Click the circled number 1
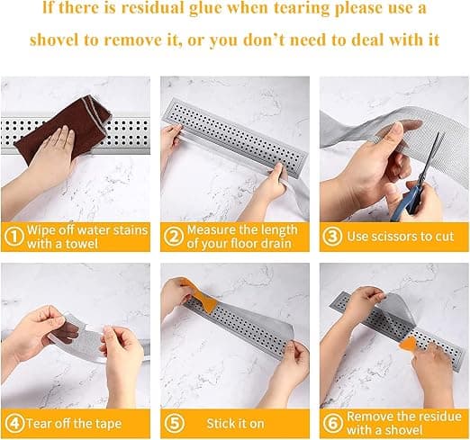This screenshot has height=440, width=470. pyautogui.click(x=14, y=237)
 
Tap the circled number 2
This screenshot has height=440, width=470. pyautogui.click(x=174, y=237)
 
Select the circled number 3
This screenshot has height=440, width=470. pyautogui.click(x=332, y=237)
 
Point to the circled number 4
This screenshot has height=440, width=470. pyautogui.click(x=14, y=424)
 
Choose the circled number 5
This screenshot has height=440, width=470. pyautogui.click(x=175, y=424)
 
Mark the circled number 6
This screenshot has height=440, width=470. pyautogui.click(x=332, y=423)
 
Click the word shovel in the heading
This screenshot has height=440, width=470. pyautogui.click(x=55, y=40)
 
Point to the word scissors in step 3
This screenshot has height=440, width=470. pyautogui.click(x=394, y=237)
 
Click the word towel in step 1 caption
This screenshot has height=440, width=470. pyautogui.click(x=82, y=244)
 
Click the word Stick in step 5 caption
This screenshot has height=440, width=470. pyautogui.click(x=218, y=424)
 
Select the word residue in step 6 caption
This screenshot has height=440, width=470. pyautogui.click(x=440, y=417)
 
